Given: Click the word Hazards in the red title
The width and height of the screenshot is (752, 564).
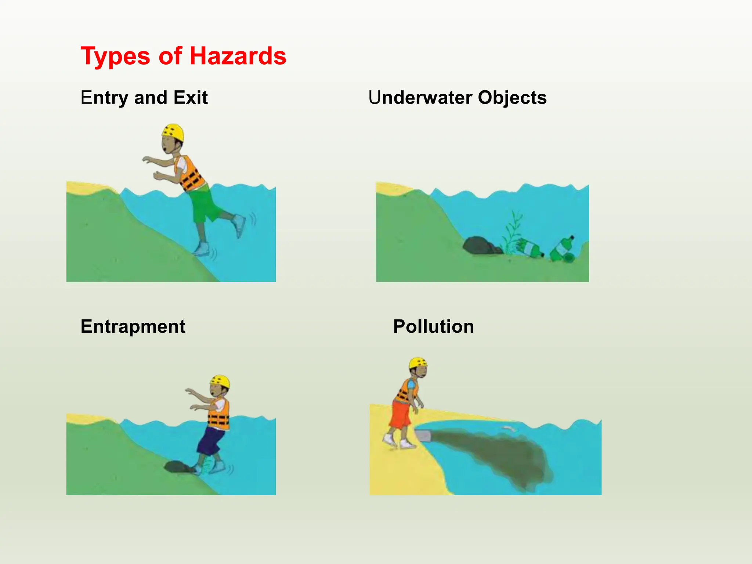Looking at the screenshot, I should point(238,56).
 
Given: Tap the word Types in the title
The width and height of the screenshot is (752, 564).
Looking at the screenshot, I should point(115,57).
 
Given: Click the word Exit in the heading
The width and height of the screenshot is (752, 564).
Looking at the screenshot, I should point(191,98).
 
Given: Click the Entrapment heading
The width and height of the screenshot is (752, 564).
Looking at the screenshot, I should point(133,326).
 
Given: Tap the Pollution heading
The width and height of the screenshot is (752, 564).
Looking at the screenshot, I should point(433,326).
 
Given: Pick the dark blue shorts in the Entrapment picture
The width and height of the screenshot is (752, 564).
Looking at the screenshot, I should point(211,441).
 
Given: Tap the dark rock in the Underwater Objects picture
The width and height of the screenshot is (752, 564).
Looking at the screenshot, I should point(480,245).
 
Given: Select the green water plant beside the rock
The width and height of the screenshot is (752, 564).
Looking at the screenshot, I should point(513,231).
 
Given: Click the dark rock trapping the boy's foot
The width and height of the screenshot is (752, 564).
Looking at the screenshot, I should point(177,467).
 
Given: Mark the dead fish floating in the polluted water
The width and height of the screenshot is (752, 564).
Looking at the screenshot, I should point(509,428).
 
